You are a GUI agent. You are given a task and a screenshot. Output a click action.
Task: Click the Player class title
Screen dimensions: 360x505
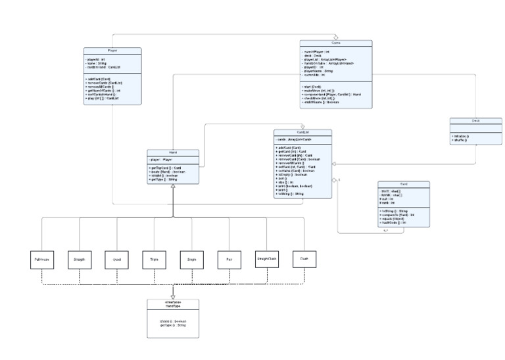point(112,50)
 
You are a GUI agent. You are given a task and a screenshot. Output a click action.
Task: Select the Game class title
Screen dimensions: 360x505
point(336,43)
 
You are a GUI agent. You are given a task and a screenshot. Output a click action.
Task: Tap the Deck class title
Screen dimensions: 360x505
point(476,121)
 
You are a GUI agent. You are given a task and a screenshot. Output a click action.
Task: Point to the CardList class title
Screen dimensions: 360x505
point(302,132)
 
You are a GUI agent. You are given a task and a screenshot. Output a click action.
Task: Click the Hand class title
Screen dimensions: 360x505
point(173,152)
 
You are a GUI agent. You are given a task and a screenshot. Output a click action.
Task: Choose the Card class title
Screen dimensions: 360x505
point(404,184)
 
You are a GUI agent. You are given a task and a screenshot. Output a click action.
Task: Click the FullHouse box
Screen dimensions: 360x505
point(41,260)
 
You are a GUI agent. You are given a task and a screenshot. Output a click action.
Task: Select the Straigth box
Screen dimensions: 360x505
point(80,260)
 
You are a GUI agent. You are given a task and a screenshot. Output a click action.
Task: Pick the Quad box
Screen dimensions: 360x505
point(117,260)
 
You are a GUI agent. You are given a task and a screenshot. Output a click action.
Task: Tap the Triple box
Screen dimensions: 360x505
point(154,260)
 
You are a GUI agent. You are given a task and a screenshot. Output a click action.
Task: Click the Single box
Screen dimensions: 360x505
point(191,260)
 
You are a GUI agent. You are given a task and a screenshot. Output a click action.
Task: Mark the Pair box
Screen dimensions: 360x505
point(229,260)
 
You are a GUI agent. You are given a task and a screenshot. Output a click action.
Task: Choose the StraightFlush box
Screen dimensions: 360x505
point(267,259)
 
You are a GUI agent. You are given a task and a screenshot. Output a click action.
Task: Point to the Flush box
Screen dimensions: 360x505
point(304,259)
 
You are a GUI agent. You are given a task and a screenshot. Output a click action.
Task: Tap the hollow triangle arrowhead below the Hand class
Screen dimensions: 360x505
point(173,187)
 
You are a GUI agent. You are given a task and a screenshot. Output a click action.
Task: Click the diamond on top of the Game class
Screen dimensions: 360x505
point(336,37)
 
